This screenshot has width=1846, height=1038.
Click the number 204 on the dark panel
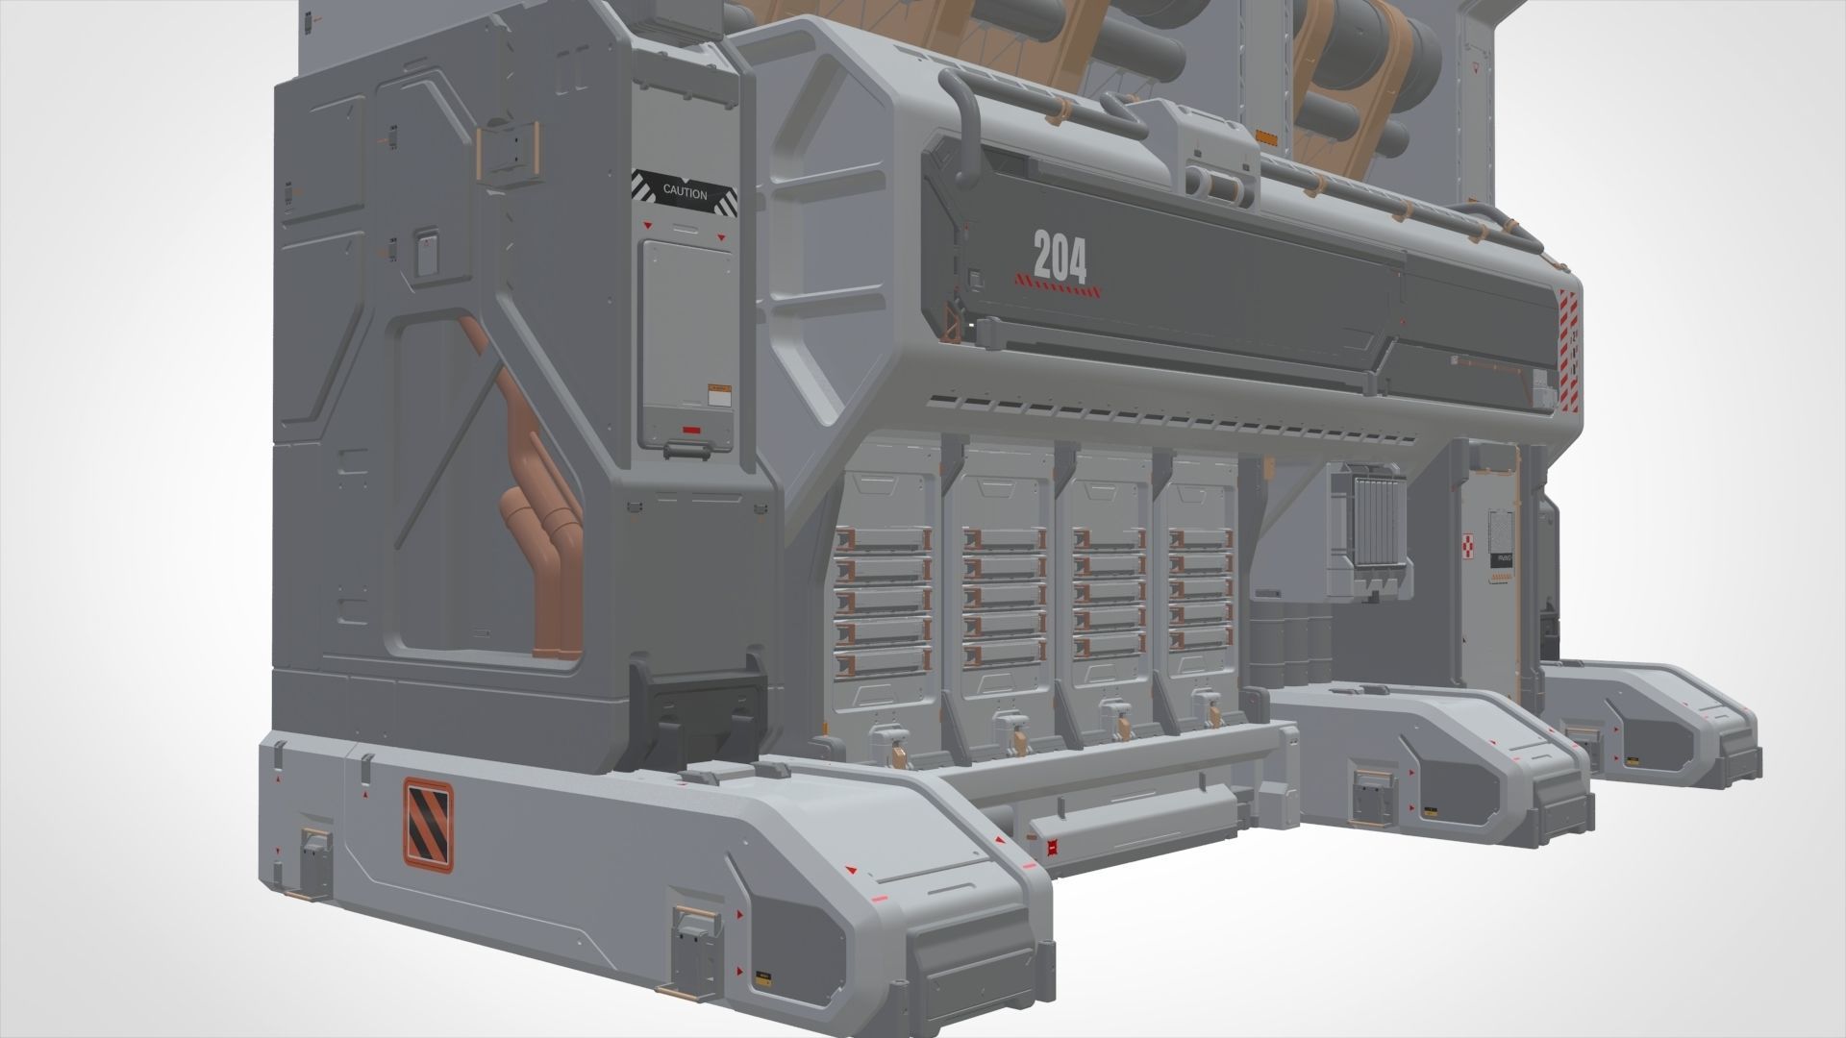point(1060,258)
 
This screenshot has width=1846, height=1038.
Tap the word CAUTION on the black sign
point(685,193)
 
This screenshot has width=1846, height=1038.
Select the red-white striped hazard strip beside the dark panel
point(1569,346)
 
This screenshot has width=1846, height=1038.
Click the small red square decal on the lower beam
point(1052,847)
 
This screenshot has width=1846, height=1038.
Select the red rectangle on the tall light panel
point(692,429)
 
